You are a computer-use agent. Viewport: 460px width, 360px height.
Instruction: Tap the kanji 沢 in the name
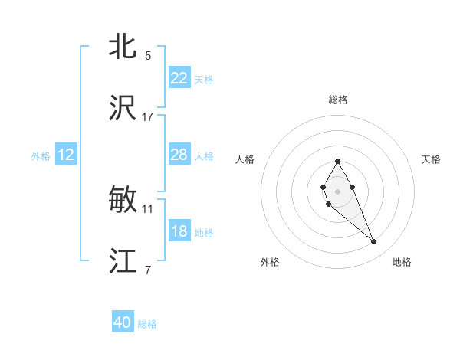(x=123, y=108)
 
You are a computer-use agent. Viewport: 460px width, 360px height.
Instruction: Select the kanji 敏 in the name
(x=123, y=200)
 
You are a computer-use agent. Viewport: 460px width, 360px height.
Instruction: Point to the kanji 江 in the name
(x=123, y=260)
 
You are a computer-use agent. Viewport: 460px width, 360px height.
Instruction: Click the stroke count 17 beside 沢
(x=148, y=116)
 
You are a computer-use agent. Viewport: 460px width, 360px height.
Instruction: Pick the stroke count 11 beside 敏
(x=148, y=208)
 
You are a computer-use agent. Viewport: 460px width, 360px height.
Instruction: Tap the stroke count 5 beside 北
(x=148, y=56)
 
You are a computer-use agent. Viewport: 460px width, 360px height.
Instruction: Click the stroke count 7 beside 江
(x=148, y=270)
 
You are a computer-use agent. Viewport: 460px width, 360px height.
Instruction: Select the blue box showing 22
(x=179, y=78)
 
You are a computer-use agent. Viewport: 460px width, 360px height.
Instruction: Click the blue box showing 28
(x=179, y=155)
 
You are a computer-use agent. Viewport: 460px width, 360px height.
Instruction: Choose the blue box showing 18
(x=179, y=231)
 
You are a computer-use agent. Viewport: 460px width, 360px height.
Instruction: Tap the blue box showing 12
(x=66, y=155)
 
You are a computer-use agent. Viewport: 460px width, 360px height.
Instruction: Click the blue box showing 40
(x=123, y=322)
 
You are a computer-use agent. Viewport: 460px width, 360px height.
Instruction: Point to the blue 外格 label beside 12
(x=41, y=156)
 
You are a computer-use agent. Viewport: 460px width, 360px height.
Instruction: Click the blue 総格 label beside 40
(x=147, y=324)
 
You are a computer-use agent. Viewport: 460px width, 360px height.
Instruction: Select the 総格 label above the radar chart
(x=338, y=100)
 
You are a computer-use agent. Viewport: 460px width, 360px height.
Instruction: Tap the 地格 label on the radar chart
(x=402, y=262)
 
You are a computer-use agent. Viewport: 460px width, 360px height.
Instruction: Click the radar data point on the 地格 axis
(x=374, y=242)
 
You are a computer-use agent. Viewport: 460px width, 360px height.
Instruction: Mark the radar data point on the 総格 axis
(x=338, y=161)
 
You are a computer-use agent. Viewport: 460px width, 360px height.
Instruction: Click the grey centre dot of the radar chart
(x=338, y=190)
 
